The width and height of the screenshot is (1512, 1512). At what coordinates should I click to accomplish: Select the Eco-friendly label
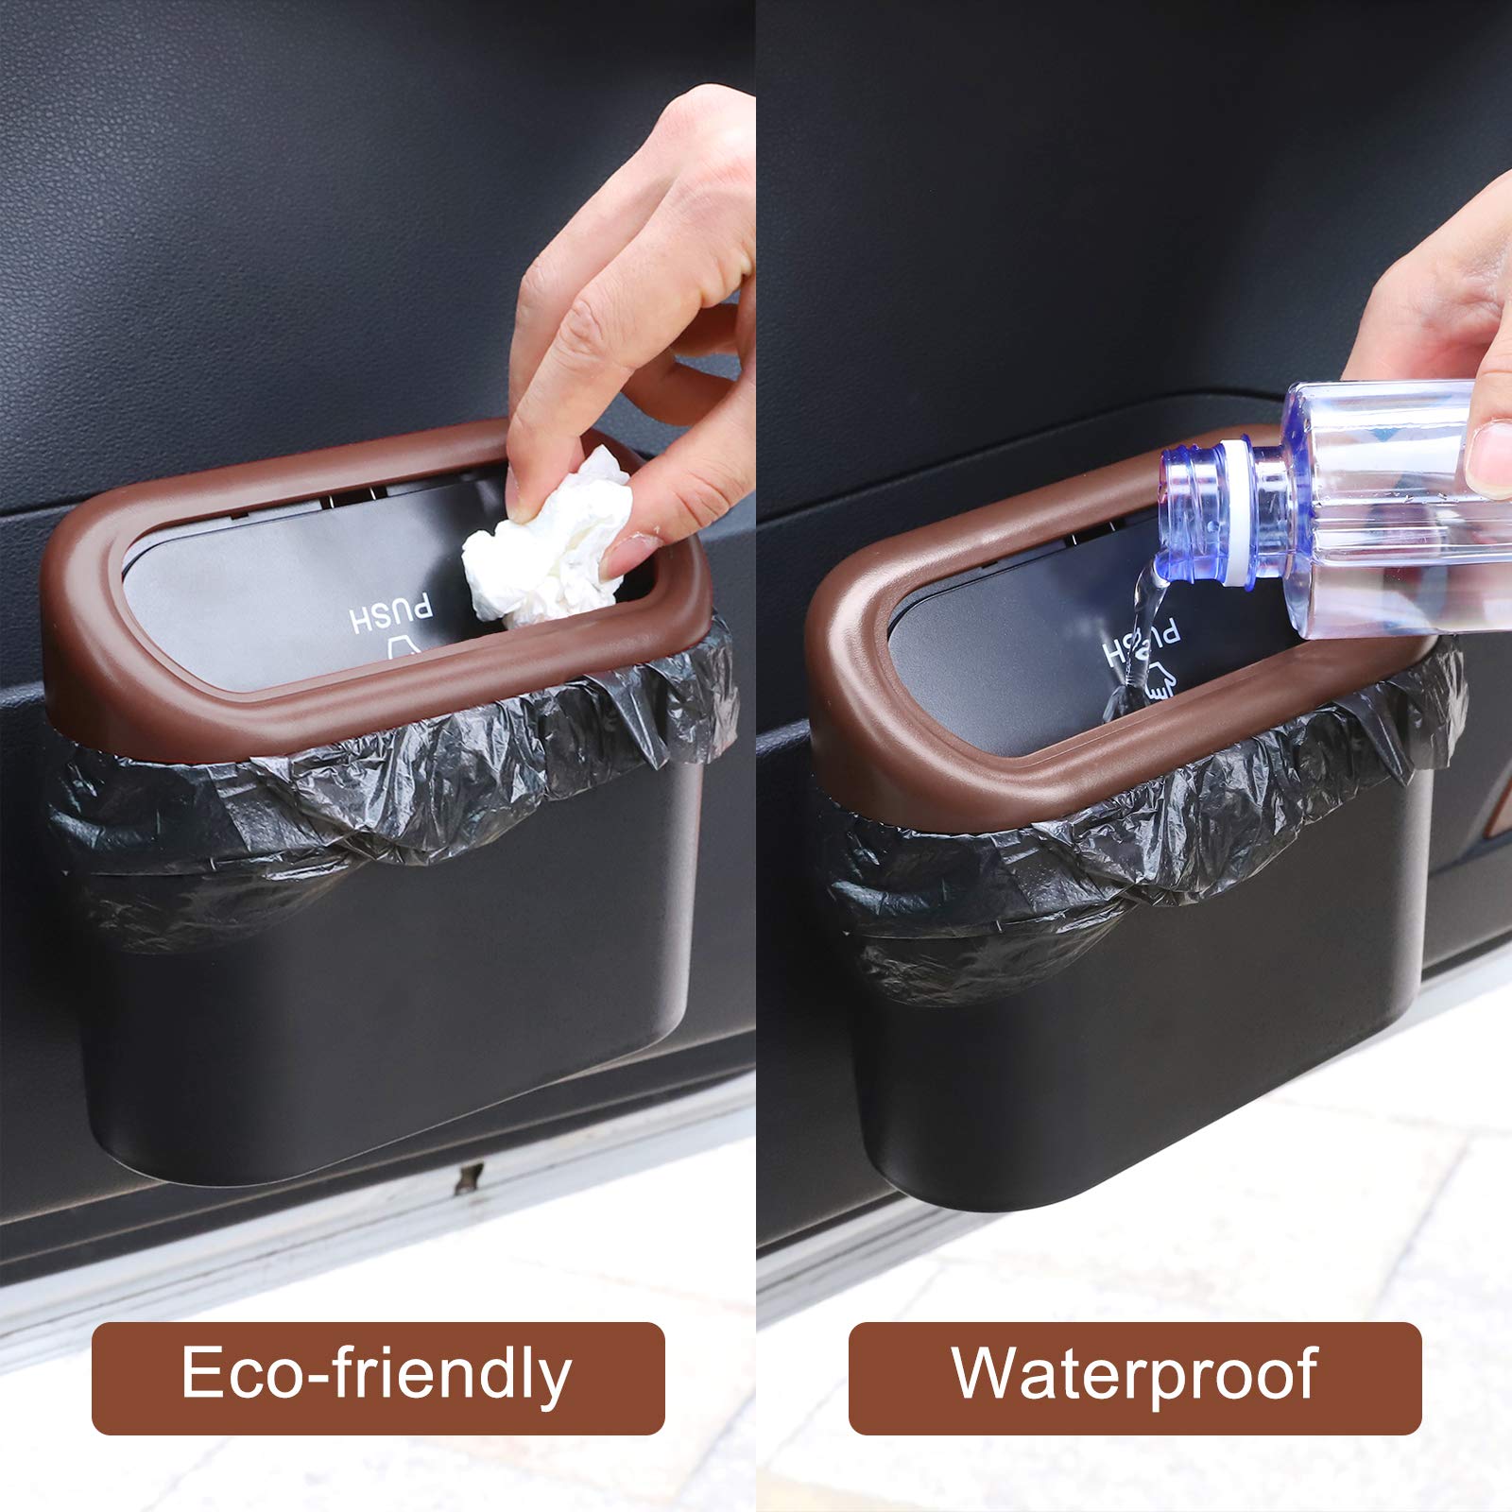(378, 1377)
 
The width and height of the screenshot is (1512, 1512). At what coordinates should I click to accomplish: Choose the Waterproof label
(1135, 1377)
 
